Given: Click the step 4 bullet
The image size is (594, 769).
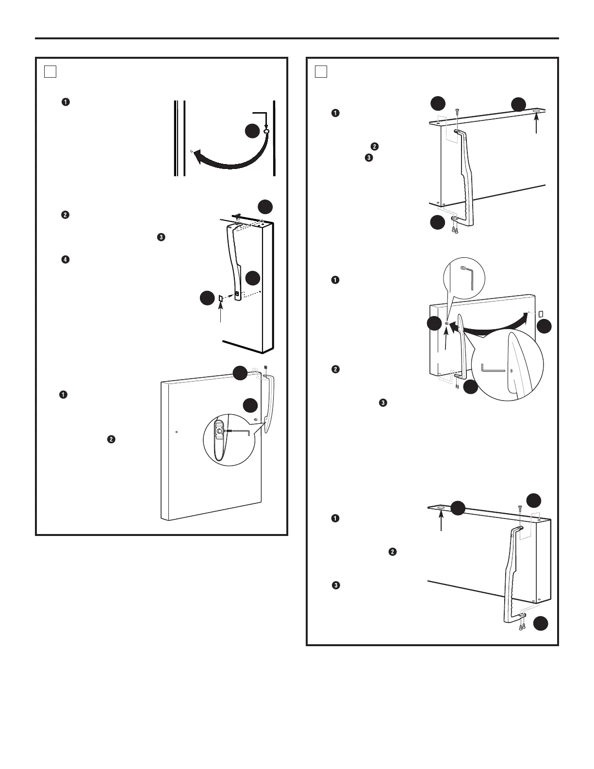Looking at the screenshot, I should point(66,260).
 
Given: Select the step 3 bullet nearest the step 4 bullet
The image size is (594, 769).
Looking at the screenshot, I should point(161,237).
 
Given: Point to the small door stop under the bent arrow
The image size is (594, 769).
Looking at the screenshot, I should point(266,131).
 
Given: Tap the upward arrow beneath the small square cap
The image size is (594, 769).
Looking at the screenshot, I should point(221,313).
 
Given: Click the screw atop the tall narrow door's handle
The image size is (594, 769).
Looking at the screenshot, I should point(236,217).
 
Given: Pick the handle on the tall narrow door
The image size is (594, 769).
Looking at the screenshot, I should point(235,262).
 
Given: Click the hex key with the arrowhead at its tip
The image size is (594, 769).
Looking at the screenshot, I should point(241,431).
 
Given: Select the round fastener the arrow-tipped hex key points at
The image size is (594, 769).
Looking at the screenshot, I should point(219,431).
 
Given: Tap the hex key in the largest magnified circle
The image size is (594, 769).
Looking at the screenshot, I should point(492,369).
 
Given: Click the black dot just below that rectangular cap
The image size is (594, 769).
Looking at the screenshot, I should point(544,327).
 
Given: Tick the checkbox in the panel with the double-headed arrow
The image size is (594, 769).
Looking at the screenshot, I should point(321,72).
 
